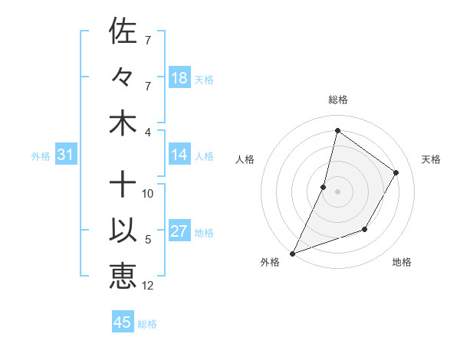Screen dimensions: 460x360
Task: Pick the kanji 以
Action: click(123, 231)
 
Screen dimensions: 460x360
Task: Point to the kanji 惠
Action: click(123, 277)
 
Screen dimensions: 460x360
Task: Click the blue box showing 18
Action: click(179, 78)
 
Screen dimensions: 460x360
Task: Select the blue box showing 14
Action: click(179, 155)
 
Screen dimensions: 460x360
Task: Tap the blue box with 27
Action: click(179, 231)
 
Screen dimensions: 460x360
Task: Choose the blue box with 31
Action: click(66, 155)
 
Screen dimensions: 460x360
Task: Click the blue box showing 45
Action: click(123, 322)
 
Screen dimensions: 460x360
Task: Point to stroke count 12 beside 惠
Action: click(149, 286)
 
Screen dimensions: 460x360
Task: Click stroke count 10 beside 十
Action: click(148, 194)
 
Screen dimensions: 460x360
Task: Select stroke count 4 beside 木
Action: click(148, 132)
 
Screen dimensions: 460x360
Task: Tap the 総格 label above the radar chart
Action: click(337, 100)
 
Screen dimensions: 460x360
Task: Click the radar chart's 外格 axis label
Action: click(270, 262)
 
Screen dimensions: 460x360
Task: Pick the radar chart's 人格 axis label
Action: click(245, 159)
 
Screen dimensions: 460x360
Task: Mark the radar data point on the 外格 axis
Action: click(292, 253)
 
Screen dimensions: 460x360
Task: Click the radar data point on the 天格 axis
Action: click(396, 172)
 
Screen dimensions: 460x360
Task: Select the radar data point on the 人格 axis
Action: click(324, 187)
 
